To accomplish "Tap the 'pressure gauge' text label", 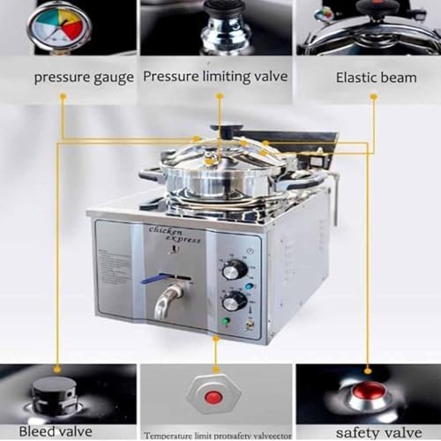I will (85, 77).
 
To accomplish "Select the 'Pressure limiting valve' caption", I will (215, 77).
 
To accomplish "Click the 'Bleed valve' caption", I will (55, 430).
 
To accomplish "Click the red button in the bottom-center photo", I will (213, 398).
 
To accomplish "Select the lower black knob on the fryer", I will (234, 302).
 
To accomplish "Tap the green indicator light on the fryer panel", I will (227, 322).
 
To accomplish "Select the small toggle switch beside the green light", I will (248, 325).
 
